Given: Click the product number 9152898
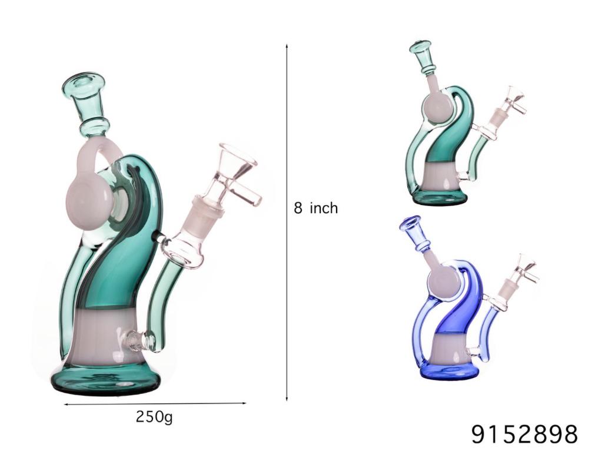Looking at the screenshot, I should pos(524,434).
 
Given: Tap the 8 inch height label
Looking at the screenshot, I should pos(316,208).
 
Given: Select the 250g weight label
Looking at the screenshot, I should pos(154,417).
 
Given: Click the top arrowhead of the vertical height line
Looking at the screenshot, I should pos(287,45).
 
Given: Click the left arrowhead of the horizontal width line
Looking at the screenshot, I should pos(65,405).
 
